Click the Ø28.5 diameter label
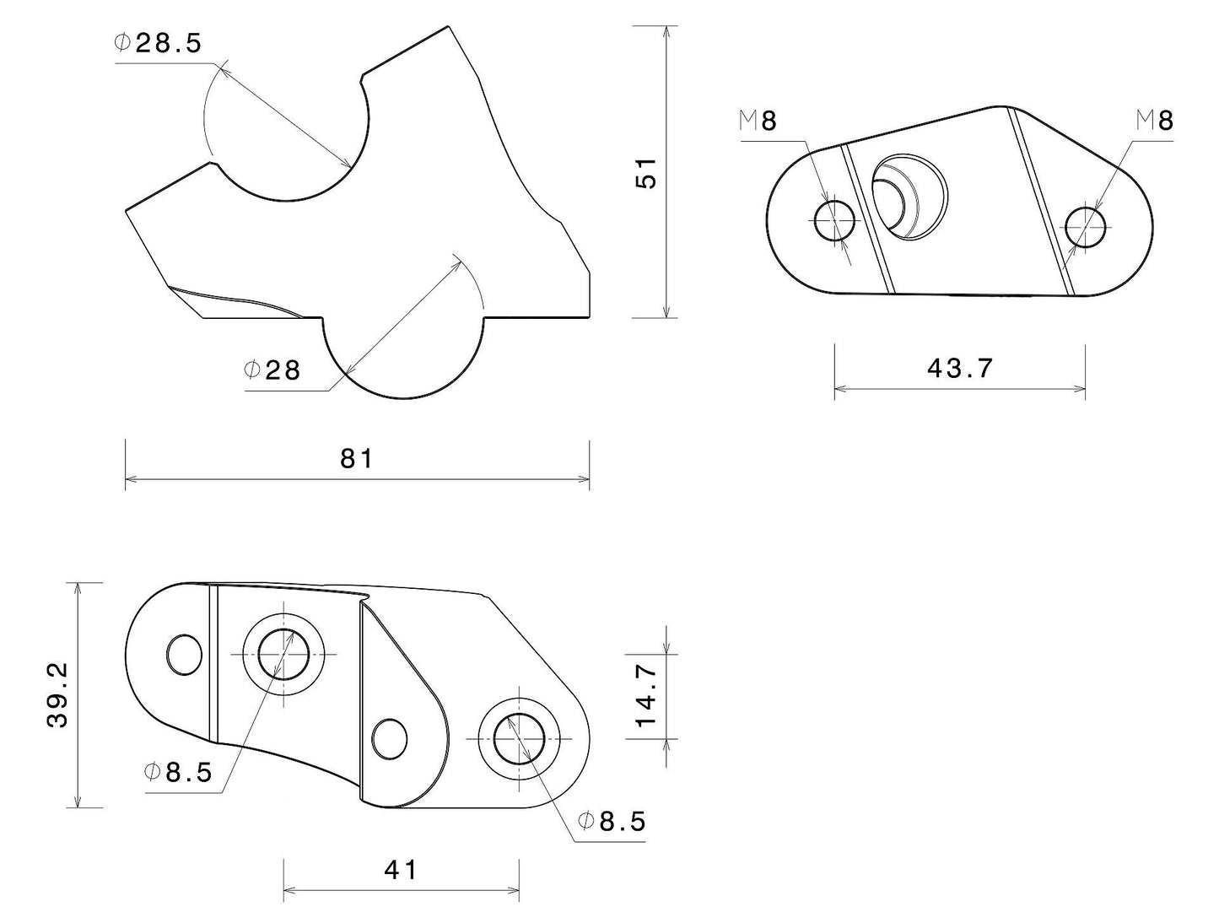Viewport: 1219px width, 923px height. (x=159, y=44)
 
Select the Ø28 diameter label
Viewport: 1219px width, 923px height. (x=272, y=370)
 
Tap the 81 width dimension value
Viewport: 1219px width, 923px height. (x=356, y=458)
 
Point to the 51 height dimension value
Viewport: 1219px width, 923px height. (x=646, y=172)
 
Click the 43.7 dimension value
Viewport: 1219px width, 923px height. (x=960, y=368)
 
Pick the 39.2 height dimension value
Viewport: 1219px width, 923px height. (x=58, y=694)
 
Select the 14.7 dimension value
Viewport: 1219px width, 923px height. (x=646, y=695)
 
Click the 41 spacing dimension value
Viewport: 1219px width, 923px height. (x=401, y=870)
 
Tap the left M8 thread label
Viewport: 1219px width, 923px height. (x=758, y=121)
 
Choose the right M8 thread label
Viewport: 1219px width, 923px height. (x=1154, y=121)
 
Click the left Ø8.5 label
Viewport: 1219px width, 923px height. (x=178, y=772)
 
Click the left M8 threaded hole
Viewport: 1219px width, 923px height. (x=834, y=220)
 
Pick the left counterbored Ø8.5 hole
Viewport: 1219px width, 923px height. (x=283, y=654)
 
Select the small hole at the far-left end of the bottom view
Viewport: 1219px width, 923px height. (x=184, y=656)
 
